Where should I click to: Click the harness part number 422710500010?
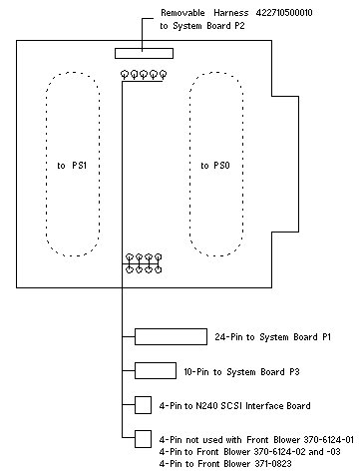[x=284, y=13]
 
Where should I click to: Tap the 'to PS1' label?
[x=72, y=166]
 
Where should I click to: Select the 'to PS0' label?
[x=215, y=166]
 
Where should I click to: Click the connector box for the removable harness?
[x=144, y=53]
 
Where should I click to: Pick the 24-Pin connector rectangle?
[x=171, y=336]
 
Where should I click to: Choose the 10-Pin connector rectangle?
[x=156, y=370]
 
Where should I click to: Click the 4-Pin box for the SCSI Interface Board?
[x=143, y=405]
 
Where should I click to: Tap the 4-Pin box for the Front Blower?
[x=143, y=439]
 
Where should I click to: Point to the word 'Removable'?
[x=182, y=13]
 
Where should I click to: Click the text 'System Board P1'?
[x=295, y=337]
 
